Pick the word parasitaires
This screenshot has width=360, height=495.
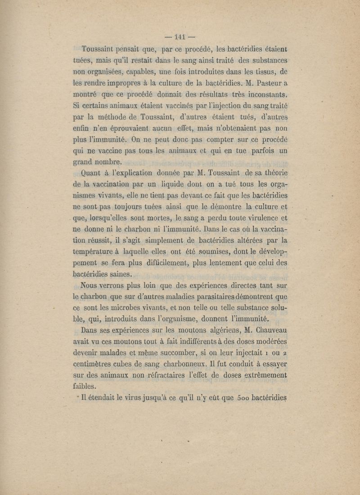(222, 297)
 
